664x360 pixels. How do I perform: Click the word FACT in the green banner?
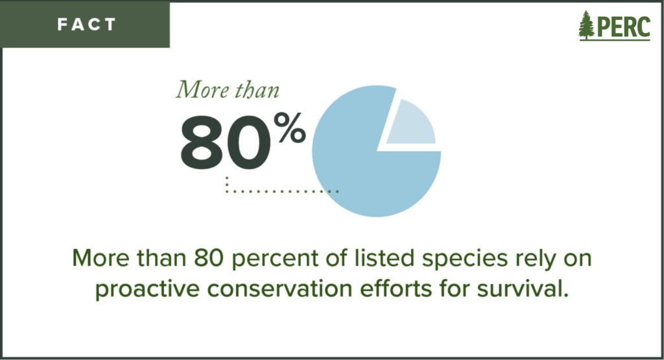(86, 25)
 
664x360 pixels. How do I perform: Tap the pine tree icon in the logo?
(586, 25)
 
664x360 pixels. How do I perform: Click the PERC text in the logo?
(623, 27)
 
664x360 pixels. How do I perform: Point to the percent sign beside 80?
(290, 128)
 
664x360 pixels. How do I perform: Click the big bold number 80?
(226, 142)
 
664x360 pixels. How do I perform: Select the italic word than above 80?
(257, 90)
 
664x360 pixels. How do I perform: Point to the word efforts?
(395, 289)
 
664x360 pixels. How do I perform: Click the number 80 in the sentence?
(209, 258)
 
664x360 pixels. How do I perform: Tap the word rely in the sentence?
(535, 259)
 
